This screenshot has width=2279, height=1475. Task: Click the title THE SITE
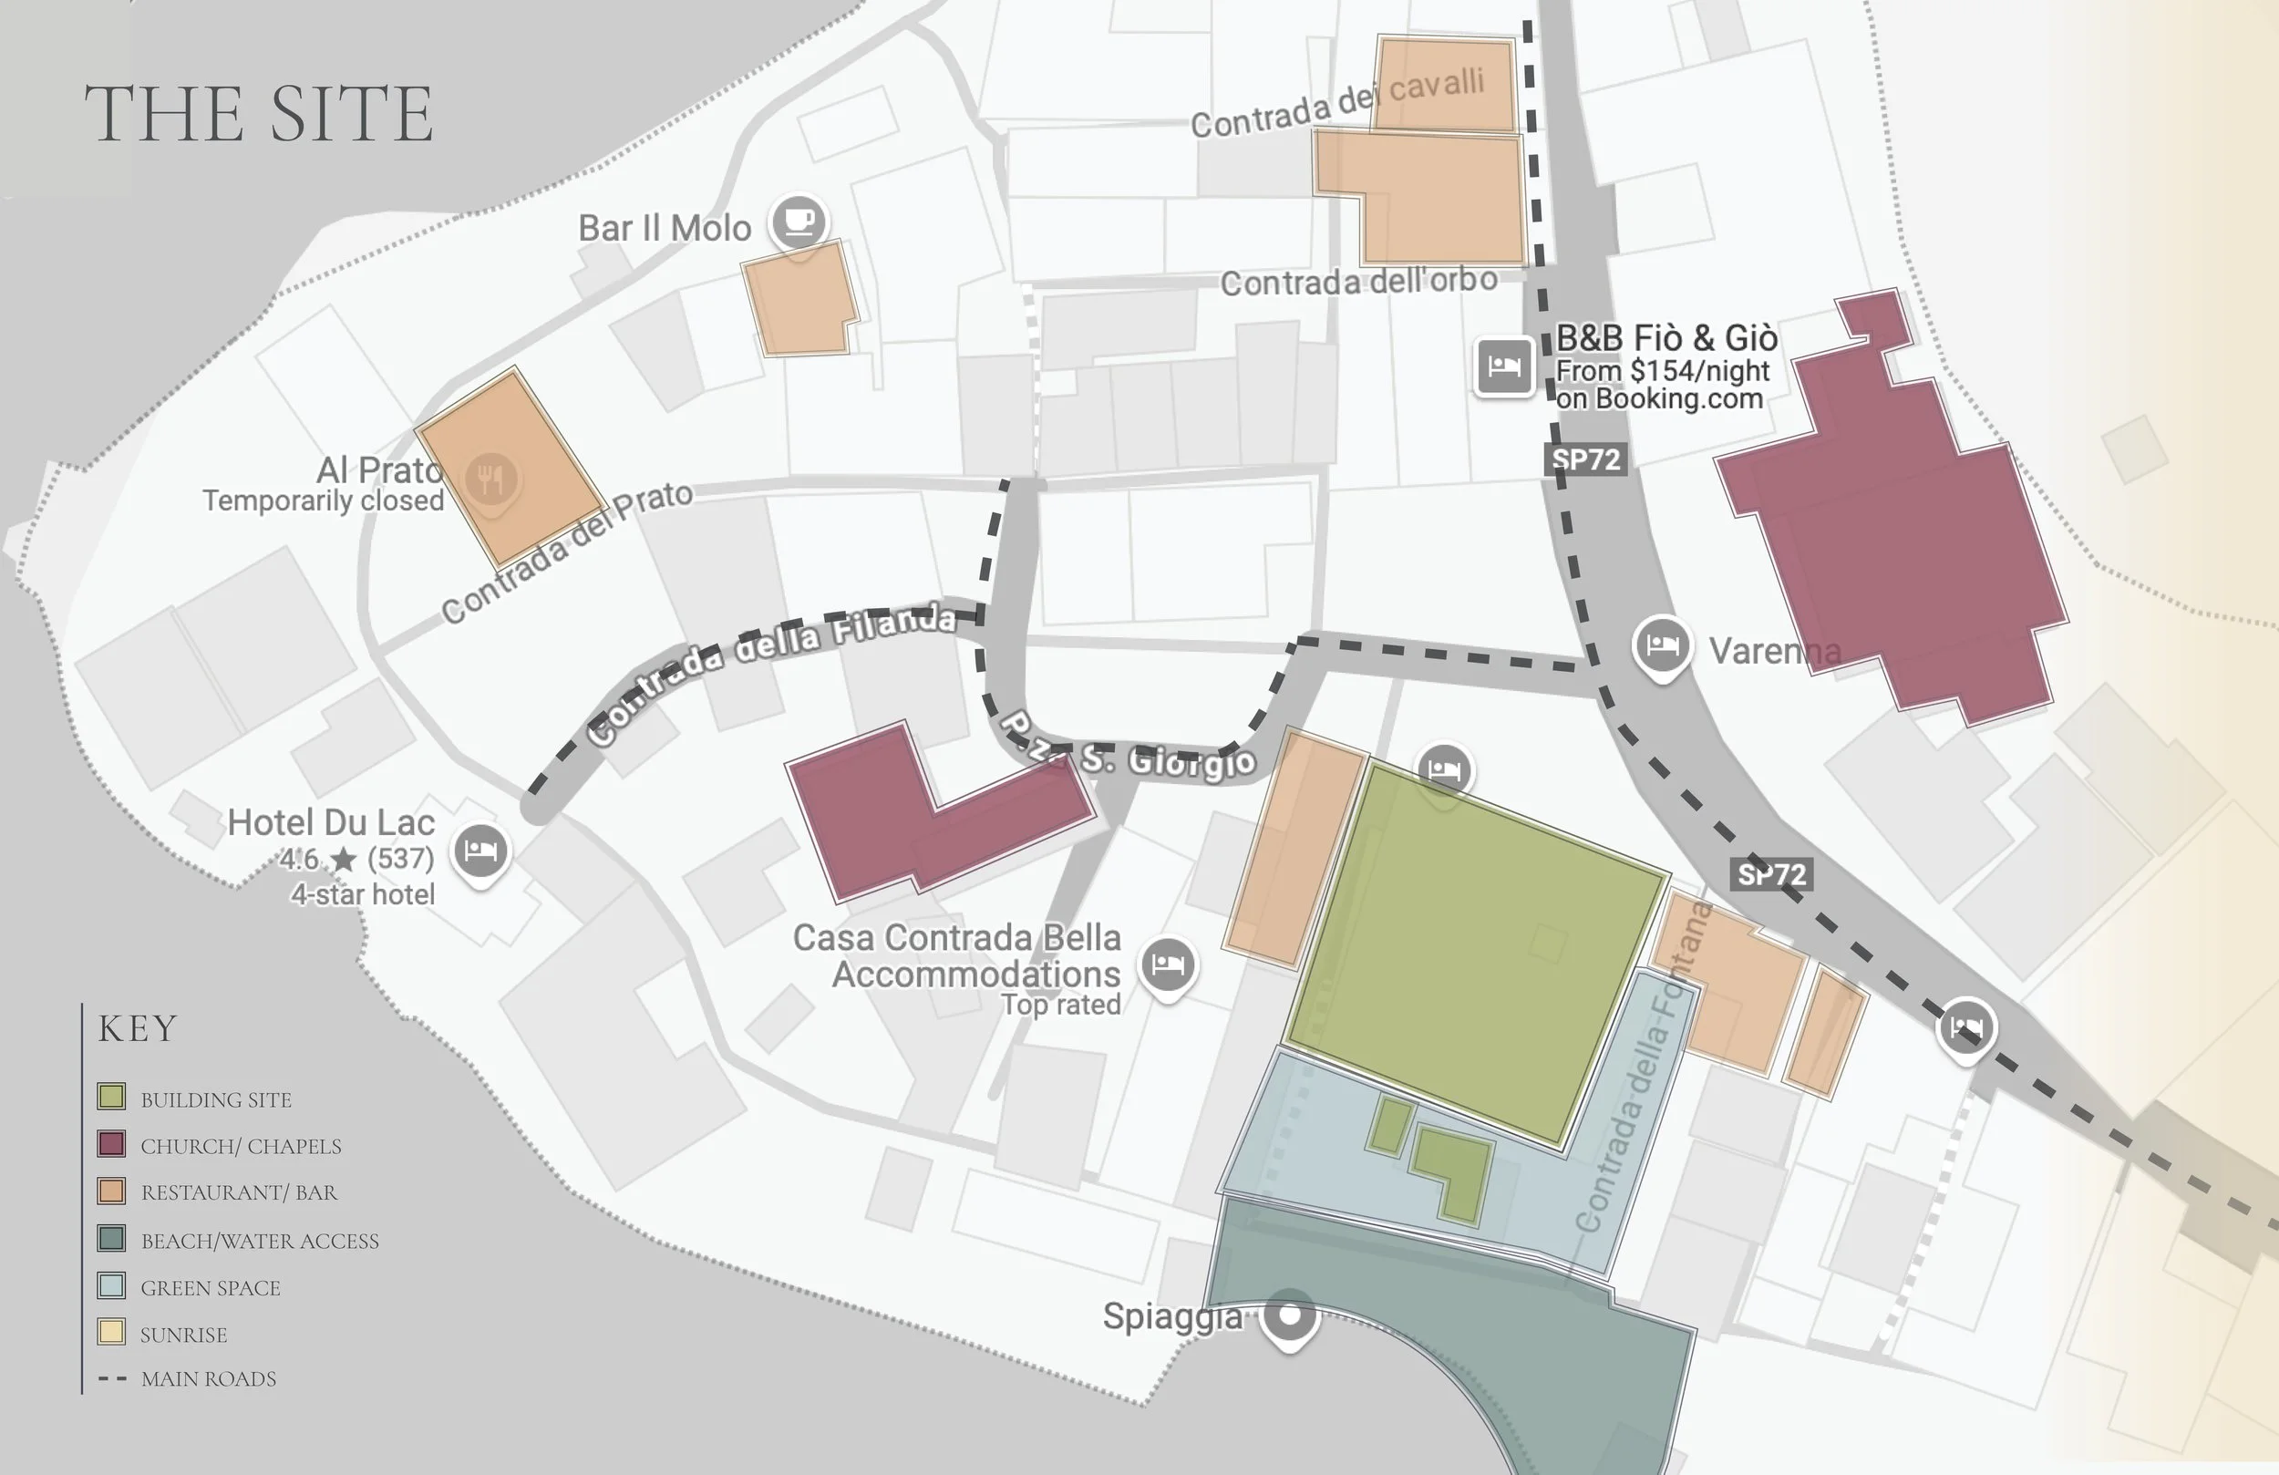[x=259, y=114]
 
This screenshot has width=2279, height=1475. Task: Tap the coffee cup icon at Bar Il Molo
[x=799, y=222]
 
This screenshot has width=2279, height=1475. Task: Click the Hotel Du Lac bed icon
[x=480, y=850]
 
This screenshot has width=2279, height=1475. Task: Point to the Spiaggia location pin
[x=1290, y=1315]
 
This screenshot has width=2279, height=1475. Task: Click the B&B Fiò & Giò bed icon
[x=1503, y=365]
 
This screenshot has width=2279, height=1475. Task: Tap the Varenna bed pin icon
[x=1661, y=645]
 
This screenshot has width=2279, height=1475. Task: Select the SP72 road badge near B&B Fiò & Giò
[x=1585, y=459]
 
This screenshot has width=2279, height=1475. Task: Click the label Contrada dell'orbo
[x=1357, y=282]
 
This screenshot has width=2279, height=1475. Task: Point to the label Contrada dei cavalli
[x=1336, y=103]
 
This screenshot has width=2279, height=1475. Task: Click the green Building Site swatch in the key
[x=111, y=1097]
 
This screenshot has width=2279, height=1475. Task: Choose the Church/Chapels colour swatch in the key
[x=111, y=1143]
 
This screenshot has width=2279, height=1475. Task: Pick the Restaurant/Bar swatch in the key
[x=111, y=1191]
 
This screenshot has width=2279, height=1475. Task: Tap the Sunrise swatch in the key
[x=111, y=1332]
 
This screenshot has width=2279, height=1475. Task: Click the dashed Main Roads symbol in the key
[x=112, y=1379]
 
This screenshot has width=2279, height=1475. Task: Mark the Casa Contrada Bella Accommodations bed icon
[x=1167, y=964]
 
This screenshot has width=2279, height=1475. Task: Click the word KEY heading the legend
[x=137, y=1028]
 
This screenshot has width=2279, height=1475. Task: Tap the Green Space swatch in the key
[x=111, y=1285]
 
